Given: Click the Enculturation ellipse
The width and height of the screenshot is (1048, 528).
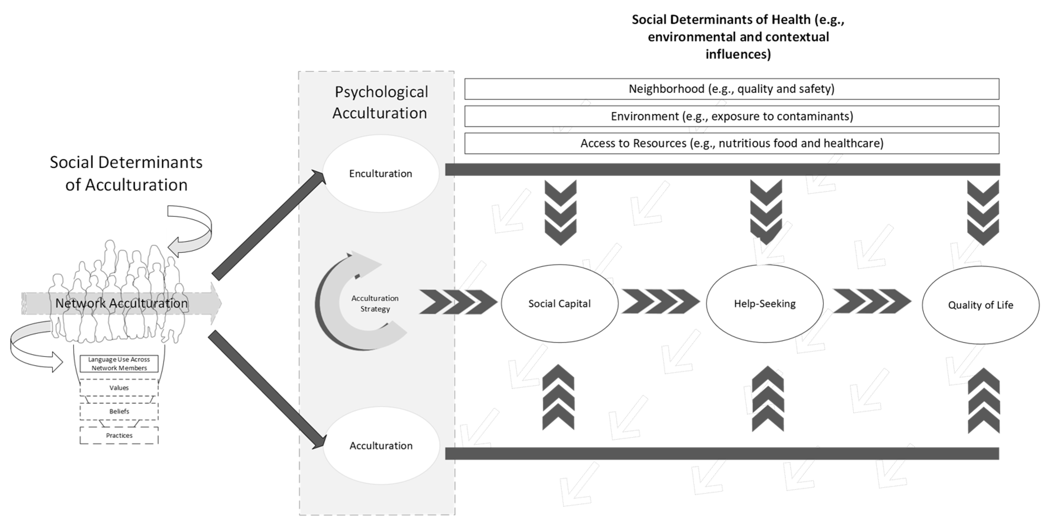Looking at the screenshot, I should (x=380, y=174).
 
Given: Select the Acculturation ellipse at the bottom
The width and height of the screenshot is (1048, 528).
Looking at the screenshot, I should (x=381, y=446).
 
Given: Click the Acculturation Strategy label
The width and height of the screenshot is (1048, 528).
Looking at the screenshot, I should (x=375, y=303).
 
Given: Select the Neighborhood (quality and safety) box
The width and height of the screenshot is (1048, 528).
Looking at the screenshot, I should (x=732, y=89).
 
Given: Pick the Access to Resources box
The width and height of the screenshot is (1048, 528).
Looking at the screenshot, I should (x=732, y=143).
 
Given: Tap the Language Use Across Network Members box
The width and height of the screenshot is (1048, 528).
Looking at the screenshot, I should (x=119, y=364).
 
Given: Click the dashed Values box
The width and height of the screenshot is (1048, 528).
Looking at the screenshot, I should (x=119, y=388).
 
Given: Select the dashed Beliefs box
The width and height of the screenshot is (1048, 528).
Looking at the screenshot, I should (x=119, y=411).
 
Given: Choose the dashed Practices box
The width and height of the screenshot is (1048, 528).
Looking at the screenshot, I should (x=119, y=436).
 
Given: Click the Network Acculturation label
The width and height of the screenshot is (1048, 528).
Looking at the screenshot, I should (x=121, y=303).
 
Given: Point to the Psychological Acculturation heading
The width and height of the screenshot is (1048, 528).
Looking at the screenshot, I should (x=380, y=102).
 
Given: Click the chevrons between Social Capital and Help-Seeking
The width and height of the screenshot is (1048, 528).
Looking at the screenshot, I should (x=660, y=302).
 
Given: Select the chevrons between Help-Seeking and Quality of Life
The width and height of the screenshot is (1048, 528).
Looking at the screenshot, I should (x=872, y=302).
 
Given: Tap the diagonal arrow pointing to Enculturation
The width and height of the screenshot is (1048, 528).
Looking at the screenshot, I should (x=269, y=225).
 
